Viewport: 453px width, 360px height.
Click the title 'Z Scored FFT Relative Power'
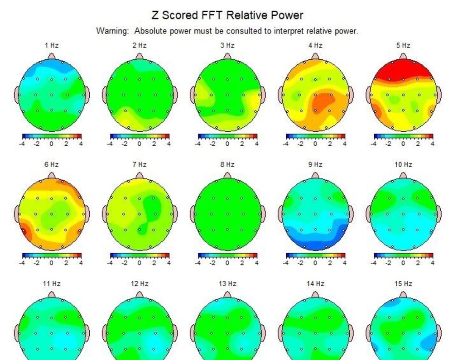pos(227,15)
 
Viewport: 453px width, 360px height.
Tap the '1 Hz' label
pos(52,45)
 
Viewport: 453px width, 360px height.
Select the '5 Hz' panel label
pos(403,45)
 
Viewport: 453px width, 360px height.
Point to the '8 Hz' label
pos(227,164)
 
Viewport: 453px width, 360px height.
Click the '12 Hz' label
pos(140,284)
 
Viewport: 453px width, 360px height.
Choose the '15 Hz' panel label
pos(403,284)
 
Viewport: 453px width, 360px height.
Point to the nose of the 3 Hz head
pos(227,56)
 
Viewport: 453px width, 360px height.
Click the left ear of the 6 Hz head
pos(17,214)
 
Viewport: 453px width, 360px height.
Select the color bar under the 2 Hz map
pos(140,136)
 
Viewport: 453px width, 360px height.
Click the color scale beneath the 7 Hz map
pos(140,255)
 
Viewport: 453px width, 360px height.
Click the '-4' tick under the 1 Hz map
pos(22,144)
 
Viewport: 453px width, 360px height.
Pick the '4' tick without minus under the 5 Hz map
pos(433,144)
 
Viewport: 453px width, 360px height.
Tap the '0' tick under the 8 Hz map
pos(227,263)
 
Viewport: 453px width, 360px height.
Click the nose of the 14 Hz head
pos(315,294)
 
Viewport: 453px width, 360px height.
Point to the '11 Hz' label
pos(52,284)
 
